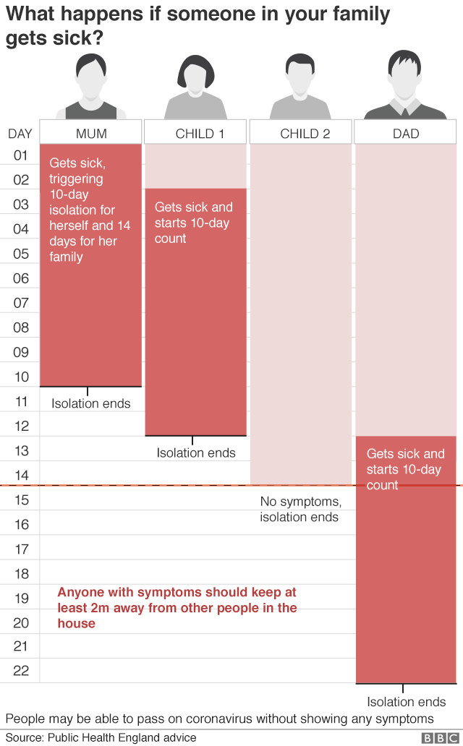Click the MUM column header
pyautogui.click(x=91, y=134)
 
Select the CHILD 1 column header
pyautogui.click(x=196, y=134)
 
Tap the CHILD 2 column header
pyautogui.click(x=301, y=134)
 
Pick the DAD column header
pyautogui.click(x=406, y=134)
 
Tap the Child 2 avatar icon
pyautogui.click(x=301, y=87)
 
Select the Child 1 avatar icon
pyautogui.click(x=196, y=87)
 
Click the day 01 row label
pyautogui.click(x=20, y=155)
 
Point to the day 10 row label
pyautogui.click(x=20, y=377)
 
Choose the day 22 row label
pyautogui.click(x=20, y=671)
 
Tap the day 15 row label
pyautogui.click(x=20, y=500)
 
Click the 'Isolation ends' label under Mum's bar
pyautogui.click(x=91, y=403)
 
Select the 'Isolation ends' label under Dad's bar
pyautogui.click(x=406, y=702)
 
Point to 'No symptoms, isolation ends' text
pyautogui.click(x=300, y=509)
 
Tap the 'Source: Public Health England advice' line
pyautogui.click(x=101, y=737)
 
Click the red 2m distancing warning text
pyautogui.click(x=177, y=607)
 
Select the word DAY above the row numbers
pyautogui.click(x=20, y=134)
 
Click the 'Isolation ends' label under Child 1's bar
pyautogui.click(x=196, y=453)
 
